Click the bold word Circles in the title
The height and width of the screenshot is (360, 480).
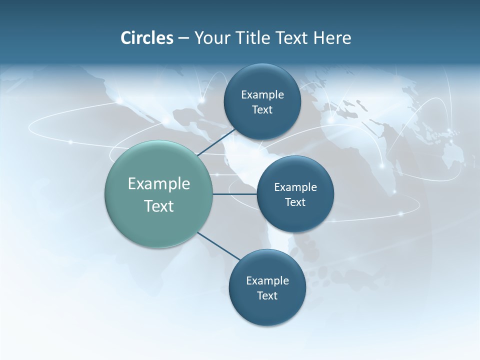(147, 38)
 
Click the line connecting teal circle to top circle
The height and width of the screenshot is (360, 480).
(217, 142)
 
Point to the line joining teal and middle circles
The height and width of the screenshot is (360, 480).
(235, 194)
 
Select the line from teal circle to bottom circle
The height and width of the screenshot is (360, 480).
(219, 246)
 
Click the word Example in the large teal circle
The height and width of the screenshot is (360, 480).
(159, 184)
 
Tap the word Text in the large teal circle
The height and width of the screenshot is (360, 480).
(159, 206)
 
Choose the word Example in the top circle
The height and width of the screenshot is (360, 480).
(262, 95)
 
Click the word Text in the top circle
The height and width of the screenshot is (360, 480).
(262, 110)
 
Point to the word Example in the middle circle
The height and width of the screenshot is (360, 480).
(295, 187)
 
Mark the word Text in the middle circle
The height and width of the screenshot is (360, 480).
(295, 202)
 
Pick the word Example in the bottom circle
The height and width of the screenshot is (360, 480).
(267, 281)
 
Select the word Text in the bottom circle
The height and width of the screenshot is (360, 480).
(267, 296)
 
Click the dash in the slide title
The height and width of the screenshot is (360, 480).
(183, 38)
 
